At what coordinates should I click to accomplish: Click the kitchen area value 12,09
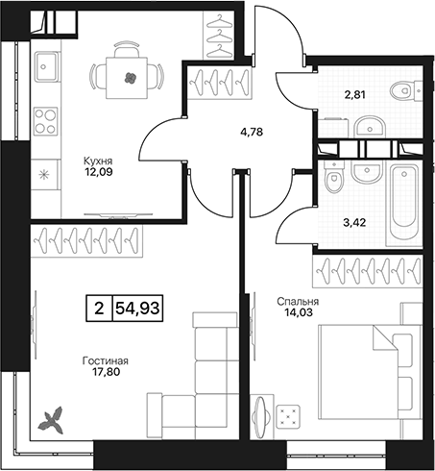(99, 172)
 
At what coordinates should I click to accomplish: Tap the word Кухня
(98, 161)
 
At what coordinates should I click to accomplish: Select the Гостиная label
(106, 361)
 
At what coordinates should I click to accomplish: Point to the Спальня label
(298, 302)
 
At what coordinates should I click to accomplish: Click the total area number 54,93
(137, 309)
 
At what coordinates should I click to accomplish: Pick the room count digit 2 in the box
(99, 309)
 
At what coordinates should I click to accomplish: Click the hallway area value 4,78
(252, 132)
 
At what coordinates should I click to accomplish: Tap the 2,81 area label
(353, 95)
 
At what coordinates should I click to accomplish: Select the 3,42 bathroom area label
(354, 222)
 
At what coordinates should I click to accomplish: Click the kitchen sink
(47, 66)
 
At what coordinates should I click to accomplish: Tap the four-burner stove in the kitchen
(46, 121)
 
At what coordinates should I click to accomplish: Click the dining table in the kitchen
(127, 78)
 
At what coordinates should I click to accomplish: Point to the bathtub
(404, 203)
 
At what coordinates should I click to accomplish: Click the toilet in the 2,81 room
(406, 90)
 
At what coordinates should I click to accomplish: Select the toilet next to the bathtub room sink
(334, 177)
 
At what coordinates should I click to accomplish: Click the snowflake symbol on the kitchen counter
(43, 175)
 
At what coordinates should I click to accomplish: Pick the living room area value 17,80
(106, 372)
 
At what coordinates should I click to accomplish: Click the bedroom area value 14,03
(299, 312)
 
